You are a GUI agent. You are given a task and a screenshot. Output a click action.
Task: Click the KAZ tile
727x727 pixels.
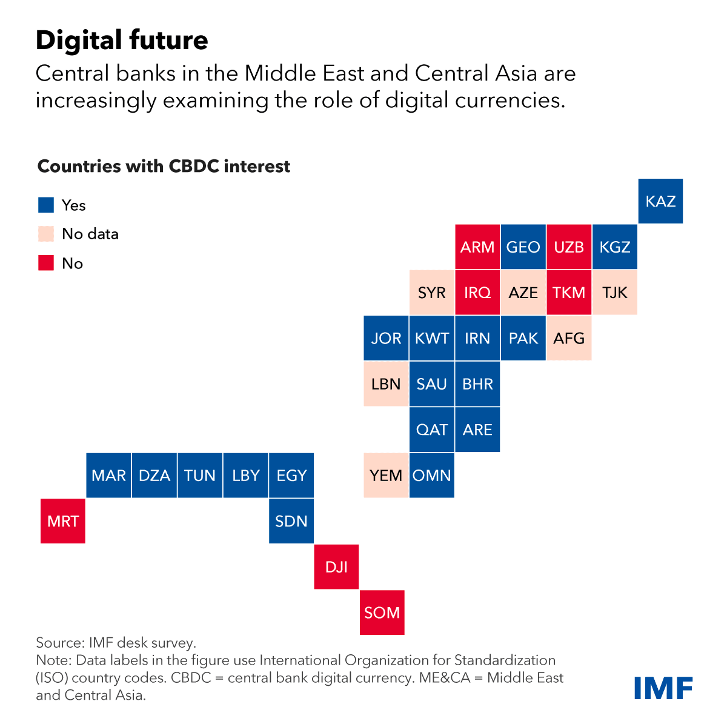click(x=660, y=201)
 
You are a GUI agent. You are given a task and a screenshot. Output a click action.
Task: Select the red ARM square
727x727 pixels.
click(x=477, y=247)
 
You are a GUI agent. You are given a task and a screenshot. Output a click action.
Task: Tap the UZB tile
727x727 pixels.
click(x=569, y=247)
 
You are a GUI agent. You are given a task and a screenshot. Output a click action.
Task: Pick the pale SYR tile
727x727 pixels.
click(x=432, y=293)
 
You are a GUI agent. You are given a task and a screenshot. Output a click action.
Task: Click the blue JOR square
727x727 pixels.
click(x=386, y=338)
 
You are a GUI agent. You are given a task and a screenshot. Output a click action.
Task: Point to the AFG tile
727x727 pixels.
click(x=569, y=338)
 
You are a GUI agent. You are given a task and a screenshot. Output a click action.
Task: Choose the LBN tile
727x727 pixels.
click(x=386, y=384)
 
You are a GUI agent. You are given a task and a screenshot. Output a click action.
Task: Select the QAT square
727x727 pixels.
click(x=432, y=430)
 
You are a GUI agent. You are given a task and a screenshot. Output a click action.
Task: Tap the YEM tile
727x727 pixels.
click(x=386, y=476)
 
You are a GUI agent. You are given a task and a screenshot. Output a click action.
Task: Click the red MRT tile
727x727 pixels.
click(x=63, y=521)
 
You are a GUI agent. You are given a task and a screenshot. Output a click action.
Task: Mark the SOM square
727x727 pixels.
click(x=382, y=612)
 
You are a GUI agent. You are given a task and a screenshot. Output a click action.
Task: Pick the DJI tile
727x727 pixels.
click(x=336, y=567)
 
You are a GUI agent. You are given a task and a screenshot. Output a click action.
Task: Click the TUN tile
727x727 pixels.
click(x=200, y=476)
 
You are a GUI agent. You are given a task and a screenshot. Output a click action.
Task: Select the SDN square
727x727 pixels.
click(x=291, y=521)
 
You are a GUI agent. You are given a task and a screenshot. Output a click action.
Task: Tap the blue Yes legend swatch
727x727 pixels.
click(x=46, y=205)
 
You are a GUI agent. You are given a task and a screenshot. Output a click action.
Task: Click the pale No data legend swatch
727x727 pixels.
click(x=46, y=234)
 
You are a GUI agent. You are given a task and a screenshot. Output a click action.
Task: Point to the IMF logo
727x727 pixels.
click(x=663, y=688)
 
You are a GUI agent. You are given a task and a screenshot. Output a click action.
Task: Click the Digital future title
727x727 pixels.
click(x=122, y=41)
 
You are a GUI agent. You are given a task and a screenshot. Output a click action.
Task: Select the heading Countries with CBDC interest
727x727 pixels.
click(x=164, y=167)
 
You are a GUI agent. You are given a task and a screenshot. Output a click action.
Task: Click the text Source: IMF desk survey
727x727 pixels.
click(x=116, y=643)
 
